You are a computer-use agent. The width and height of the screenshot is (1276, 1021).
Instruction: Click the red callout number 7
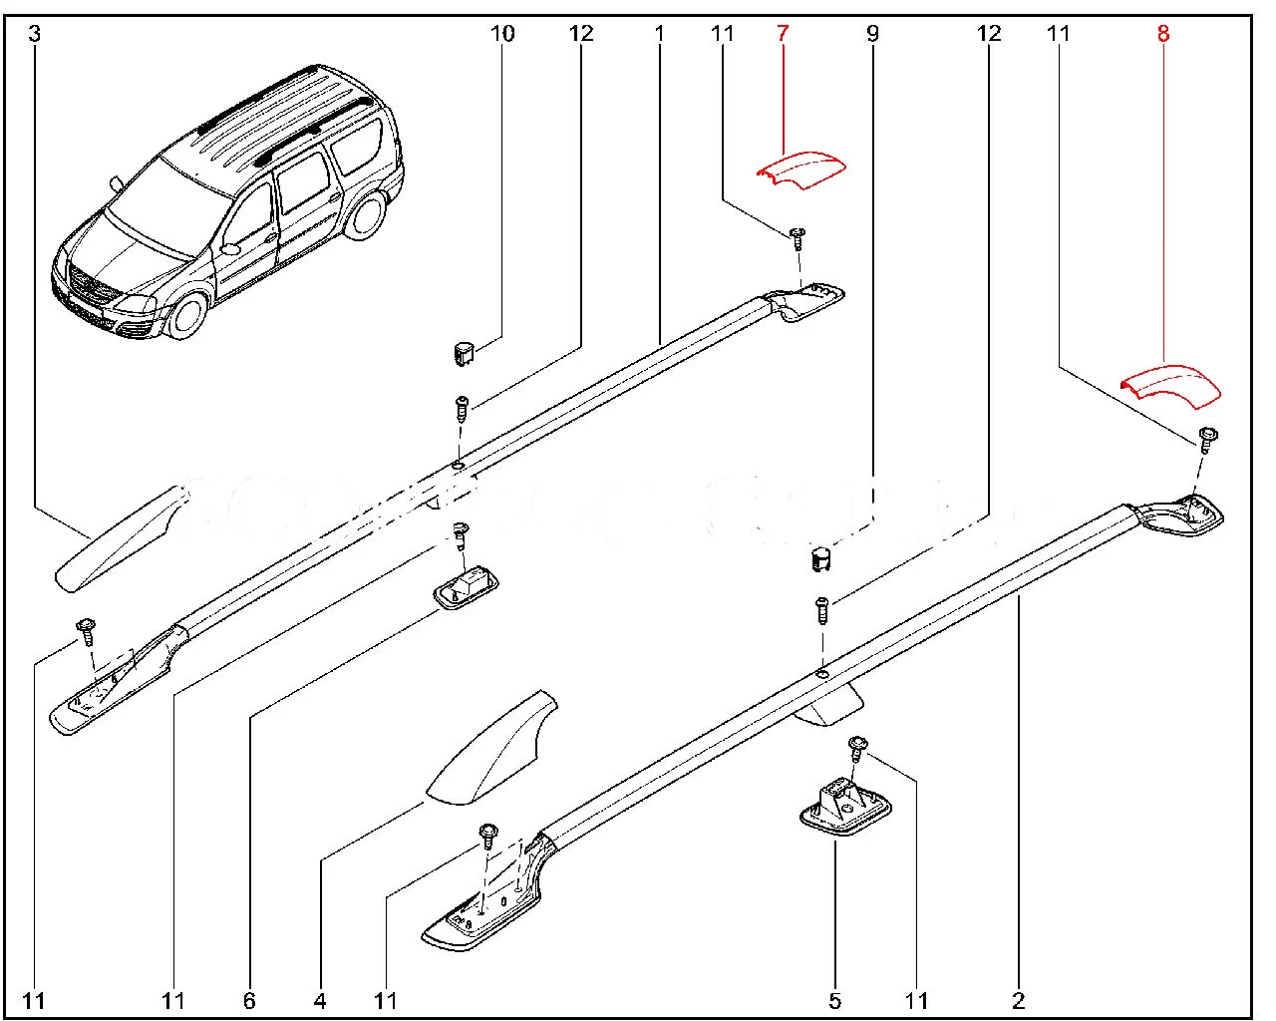coord(783,34)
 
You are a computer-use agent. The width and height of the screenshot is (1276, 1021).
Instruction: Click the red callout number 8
coord(1163,34)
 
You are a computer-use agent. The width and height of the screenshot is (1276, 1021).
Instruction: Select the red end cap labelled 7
coord(800,169)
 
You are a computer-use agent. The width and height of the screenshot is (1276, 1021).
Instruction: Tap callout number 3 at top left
coord(35,34)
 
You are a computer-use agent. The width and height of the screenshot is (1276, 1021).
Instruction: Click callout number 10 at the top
coord(502,34)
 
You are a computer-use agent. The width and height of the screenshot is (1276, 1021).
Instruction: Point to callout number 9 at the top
coord(873,34)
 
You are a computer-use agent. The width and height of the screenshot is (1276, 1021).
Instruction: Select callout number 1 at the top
coord(659,34)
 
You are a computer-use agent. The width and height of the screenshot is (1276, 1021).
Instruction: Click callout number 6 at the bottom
coord(249,1000)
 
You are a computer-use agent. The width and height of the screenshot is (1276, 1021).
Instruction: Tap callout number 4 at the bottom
coord(321,1000)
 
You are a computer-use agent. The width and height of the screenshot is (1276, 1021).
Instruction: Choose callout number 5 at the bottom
coord(835,1000)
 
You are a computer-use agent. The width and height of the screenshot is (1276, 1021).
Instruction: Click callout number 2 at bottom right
coord(1018,1000)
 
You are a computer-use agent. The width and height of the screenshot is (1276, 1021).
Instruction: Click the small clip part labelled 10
coord(462,352)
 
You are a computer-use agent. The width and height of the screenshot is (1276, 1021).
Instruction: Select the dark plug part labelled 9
coord(819,559)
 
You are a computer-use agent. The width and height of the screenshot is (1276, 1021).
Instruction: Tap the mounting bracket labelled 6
coord(466,587)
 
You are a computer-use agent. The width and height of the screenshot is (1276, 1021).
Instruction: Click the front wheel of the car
coord(186,313)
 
